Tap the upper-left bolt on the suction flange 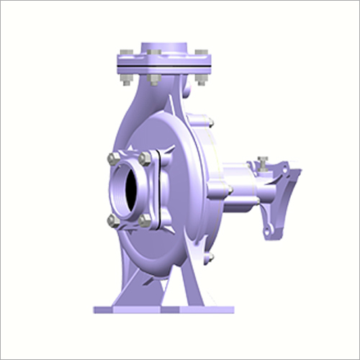pyautogui.click(x=113, y=159)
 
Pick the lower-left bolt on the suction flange pyautogui.click(x=113, y=220)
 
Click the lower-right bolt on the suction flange pyautogui.click(x=146, y=221)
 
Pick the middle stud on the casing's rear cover pyautogui.click(x=228, y=189)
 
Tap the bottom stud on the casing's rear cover pyautogui.click(x=210, y=256)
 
